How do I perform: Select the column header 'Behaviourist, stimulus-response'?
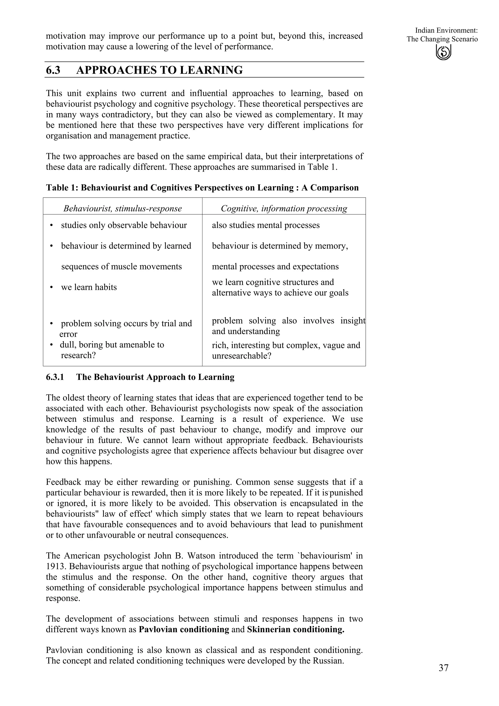coord(122,209)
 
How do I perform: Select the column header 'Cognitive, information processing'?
coord(284,209)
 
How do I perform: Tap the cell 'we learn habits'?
coord(89,287)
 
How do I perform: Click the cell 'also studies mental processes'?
coord(266,225)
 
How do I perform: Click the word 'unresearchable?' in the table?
coord(241,356)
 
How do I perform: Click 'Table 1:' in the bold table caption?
coord(62,188)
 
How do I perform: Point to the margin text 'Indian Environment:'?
coord(446,30)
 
